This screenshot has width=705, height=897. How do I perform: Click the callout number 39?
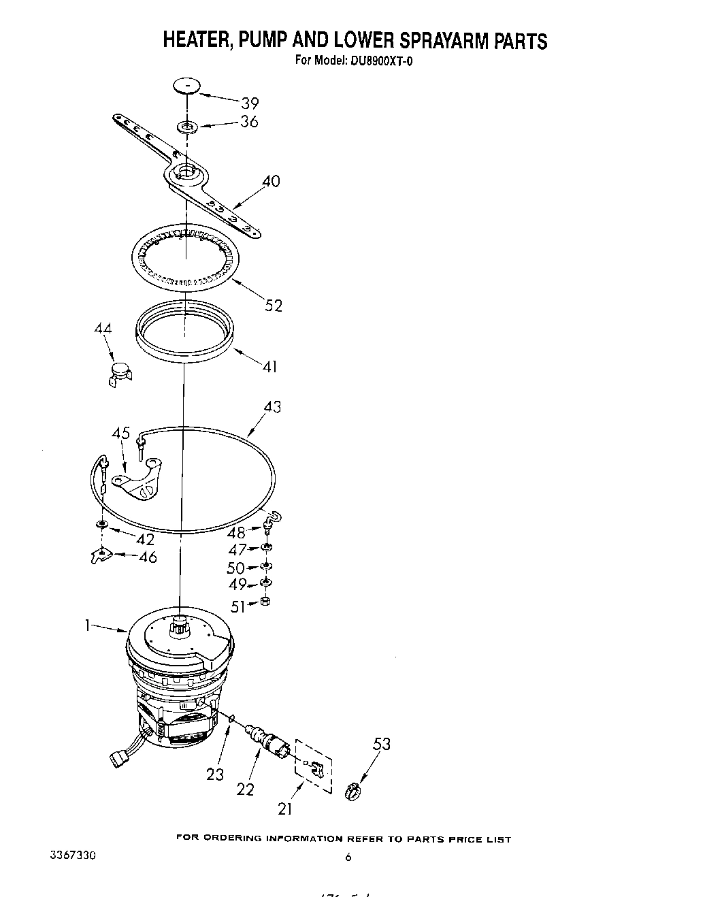pyautogui.click(x=250, y=103)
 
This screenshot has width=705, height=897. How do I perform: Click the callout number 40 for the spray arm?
pyautogui.click(x=270, y=182)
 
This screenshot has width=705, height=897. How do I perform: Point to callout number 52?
pyautogui.click(x=274, y=306)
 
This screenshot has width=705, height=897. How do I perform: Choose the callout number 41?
pyautogui.click(x=269, y=367)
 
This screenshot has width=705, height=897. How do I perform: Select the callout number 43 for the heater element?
pyautogui.click(x=272, y=407)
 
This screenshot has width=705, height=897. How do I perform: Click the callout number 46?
pyautogui.click(x=147, y=557)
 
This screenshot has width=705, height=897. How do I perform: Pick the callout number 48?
pyautogui.click(x=237, y=532)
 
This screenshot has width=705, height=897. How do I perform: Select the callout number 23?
pyautogui.click(x=215, y=774)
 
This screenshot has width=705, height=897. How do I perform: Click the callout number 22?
pyautogui.click(x=245, y=789)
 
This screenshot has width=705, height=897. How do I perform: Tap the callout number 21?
pyautogui.click(x=284, y=809)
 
